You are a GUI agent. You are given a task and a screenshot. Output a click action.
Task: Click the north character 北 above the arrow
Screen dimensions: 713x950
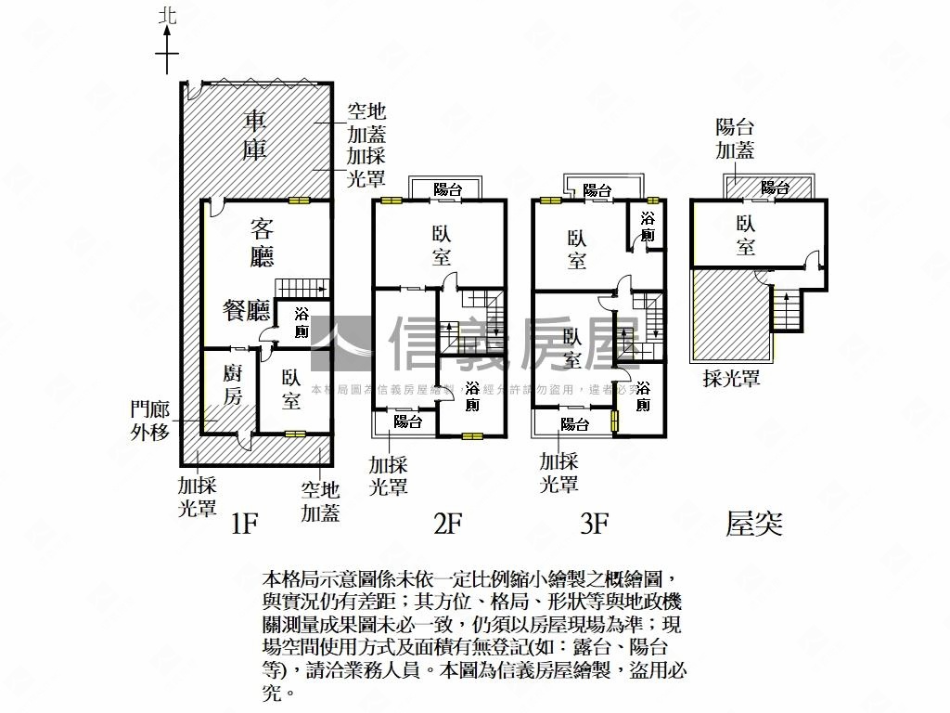coord(167,15)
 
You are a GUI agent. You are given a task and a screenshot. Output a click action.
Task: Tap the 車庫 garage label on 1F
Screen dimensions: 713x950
coord(255,136)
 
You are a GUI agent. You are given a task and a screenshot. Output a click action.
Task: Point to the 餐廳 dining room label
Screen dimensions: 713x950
coord(246,311)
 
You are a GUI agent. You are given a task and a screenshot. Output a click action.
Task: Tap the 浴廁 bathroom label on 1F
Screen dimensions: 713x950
coord(302,322)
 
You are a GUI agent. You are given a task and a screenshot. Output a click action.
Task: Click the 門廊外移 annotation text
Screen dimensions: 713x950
coord(149,420)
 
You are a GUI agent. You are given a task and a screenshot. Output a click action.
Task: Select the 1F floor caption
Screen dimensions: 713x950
coord(243,525)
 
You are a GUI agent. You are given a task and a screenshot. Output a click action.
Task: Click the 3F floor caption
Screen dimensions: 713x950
coord(594,525)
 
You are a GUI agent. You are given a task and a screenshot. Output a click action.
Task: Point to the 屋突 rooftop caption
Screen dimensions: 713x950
coord(754,525)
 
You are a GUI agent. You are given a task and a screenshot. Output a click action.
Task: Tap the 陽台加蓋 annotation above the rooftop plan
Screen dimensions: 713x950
coord(735,138)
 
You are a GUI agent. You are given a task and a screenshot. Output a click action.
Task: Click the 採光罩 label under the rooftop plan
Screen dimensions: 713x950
coord(732,378)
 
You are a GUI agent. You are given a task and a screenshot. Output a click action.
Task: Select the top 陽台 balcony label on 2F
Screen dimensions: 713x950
coord(448,189)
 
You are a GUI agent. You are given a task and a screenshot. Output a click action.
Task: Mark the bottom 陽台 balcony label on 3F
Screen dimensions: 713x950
coord(575,424)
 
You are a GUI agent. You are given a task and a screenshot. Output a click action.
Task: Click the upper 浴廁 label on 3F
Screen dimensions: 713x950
coord(648,227)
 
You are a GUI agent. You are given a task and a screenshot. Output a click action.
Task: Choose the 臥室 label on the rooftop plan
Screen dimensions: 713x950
coord(746,235)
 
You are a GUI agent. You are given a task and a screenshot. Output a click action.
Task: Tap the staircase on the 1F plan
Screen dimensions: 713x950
coord(303,286)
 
